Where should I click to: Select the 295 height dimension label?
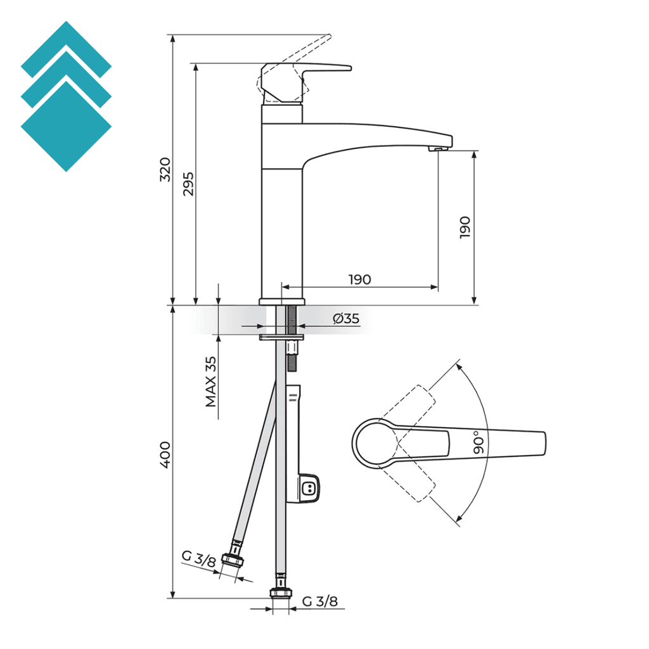(x=188, y=184)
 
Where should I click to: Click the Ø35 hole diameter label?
(x=346, y=319)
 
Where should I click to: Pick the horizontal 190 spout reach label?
(x=359, y=280)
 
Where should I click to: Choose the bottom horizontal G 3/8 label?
(x=320, y=601)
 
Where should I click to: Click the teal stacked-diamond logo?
(x=66, y=96)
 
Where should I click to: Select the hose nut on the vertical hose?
(x=280, y=592)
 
